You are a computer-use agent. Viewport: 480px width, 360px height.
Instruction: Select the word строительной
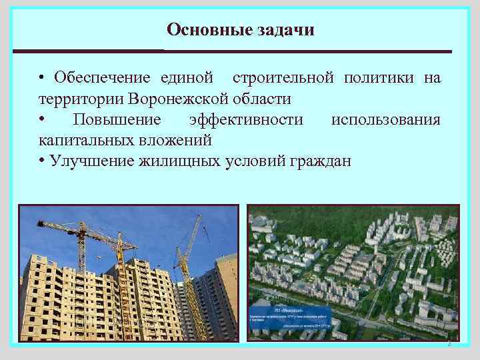click(283, 78)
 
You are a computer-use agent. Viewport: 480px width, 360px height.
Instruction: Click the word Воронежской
click(181, 99)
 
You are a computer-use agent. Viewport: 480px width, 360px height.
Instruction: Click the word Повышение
click(117, 119)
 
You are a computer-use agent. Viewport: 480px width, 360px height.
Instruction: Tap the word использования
click(385, 119)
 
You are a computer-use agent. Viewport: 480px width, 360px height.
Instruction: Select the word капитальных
click(83, 140)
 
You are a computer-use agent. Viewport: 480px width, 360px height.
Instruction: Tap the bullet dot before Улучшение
click(42, 161)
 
